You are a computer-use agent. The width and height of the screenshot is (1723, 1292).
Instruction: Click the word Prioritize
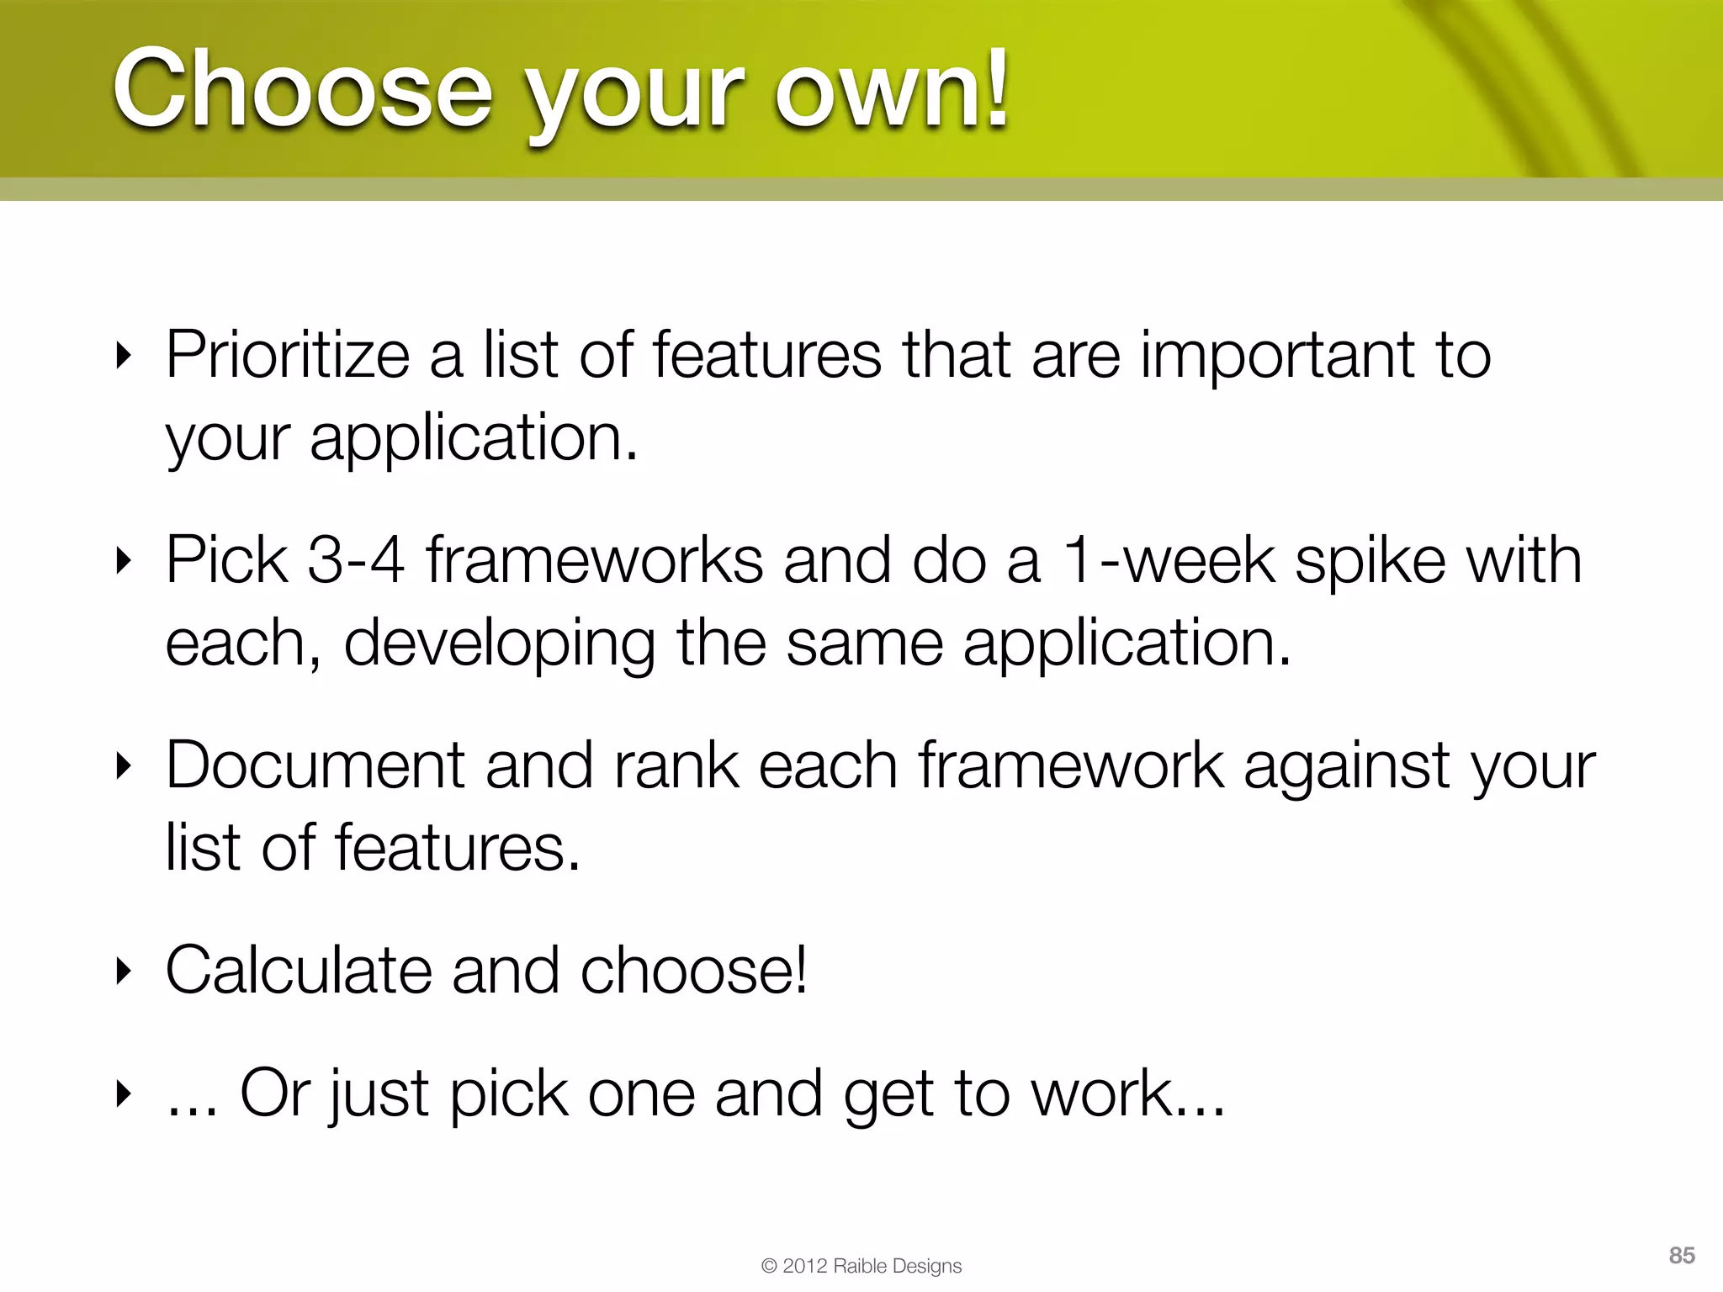tap(287, 356)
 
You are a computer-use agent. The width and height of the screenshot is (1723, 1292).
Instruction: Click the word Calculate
tap(298, 971)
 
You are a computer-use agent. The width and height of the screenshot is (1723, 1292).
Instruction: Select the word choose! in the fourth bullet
tap(693, 971)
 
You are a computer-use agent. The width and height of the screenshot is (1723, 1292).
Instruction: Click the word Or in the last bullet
tap(276, 1093)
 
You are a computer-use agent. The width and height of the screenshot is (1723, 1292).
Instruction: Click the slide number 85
tap(1681, 1255)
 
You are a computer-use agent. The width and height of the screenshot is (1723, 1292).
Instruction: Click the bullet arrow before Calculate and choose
tap(124, 972)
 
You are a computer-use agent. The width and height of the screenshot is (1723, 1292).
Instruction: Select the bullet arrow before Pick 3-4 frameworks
tap(124, 562)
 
